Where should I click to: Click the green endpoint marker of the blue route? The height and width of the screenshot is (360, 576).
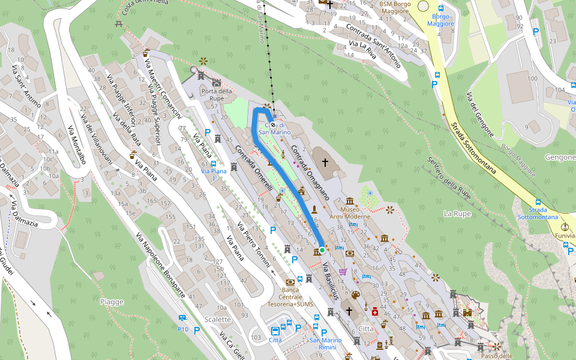tap(322, 250)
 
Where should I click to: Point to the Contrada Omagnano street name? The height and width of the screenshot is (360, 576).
tap(310, 172)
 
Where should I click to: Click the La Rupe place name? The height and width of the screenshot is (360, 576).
tap(457, 214)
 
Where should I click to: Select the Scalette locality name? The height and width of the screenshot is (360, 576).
tap(217, 319)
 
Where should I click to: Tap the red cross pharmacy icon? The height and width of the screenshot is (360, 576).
tap(375, 311)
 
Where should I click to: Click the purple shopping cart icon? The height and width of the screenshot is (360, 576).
tap(343, 271)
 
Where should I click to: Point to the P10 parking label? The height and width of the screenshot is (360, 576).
tap(183, 329)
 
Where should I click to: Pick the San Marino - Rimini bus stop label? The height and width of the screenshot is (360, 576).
tap(325, 344)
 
